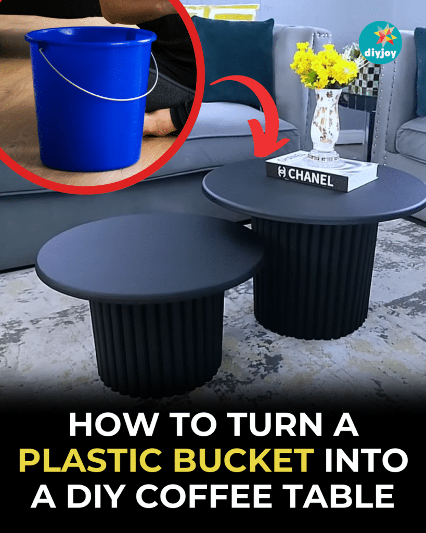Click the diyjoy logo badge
(x=380, y=43)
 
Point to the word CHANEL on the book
(x=311, y=177)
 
